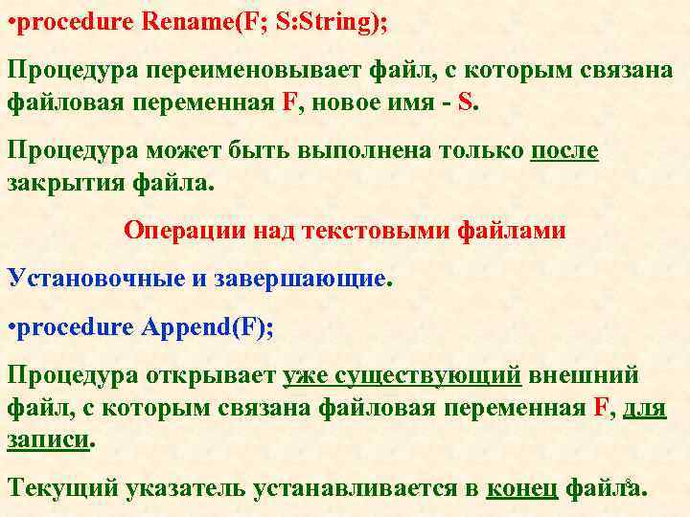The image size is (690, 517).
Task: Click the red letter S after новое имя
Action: (x=465, y=99)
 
